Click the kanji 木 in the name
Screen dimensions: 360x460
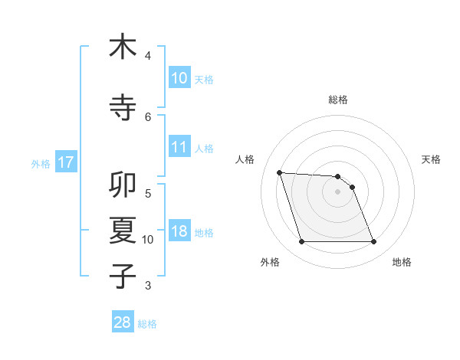[x=123, y=47]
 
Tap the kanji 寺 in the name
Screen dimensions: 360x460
[x=123, y=107]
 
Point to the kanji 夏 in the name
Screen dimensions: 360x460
[x=123, y=230]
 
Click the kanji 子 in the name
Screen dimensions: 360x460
[x=123, y=276]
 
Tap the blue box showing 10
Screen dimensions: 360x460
[x=179, y=78]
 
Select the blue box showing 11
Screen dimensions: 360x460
[x=179, y=147]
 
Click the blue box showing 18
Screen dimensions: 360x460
[x=179, y=231]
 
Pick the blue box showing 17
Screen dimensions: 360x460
[x=65, y=162]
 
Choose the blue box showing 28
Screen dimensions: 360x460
[x=123, y=322]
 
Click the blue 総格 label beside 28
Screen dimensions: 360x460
[x=147, y=324]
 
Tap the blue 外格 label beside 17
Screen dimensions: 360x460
[x=41, y=163]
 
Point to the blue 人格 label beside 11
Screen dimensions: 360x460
[x=204, y=148]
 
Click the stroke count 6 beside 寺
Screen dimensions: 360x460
[x=148, y=116]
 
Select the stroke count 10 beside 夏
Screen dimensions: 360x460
[x=148, y=240]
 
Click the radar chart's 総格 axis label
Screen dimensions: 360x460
[x=338, y=100]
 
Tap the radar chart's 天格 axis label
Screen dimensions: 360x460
[x=432, y=159]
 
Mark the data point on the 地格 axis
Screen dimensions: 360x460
[x=374, y=242]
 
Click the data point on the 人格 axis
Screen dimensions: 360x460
[x=279, y=172]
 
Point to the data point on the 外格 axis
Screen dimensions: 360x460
[x=301, y=242]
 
